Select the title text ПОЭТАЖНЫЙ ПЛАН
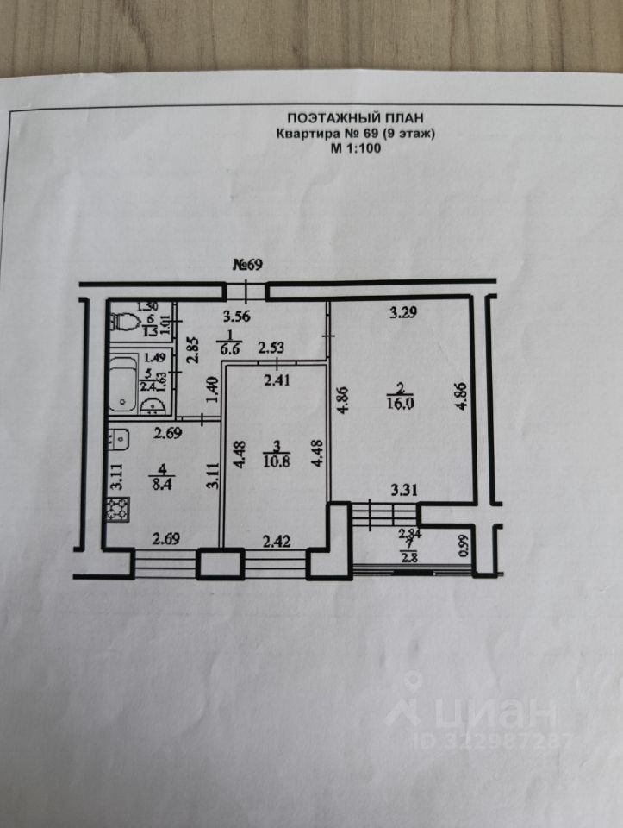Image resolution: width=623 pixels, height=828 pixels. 356,119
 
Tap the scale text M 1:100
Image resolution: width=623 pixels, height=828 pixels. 356,147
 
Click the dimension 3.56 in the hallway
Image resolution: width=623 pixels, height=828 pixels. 237,317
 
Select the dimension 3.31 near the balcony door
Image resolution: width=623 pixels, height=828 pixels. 404,491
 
